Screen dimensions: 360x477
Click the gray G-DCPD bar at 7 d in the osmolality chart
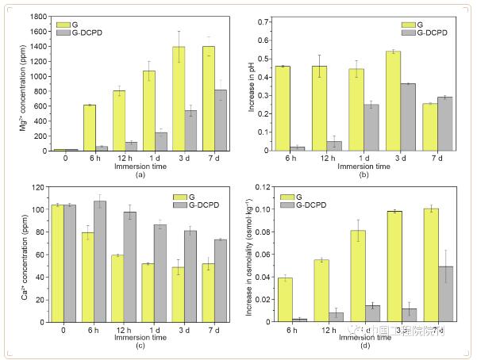pyautogui.click(x=446, y=294)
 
